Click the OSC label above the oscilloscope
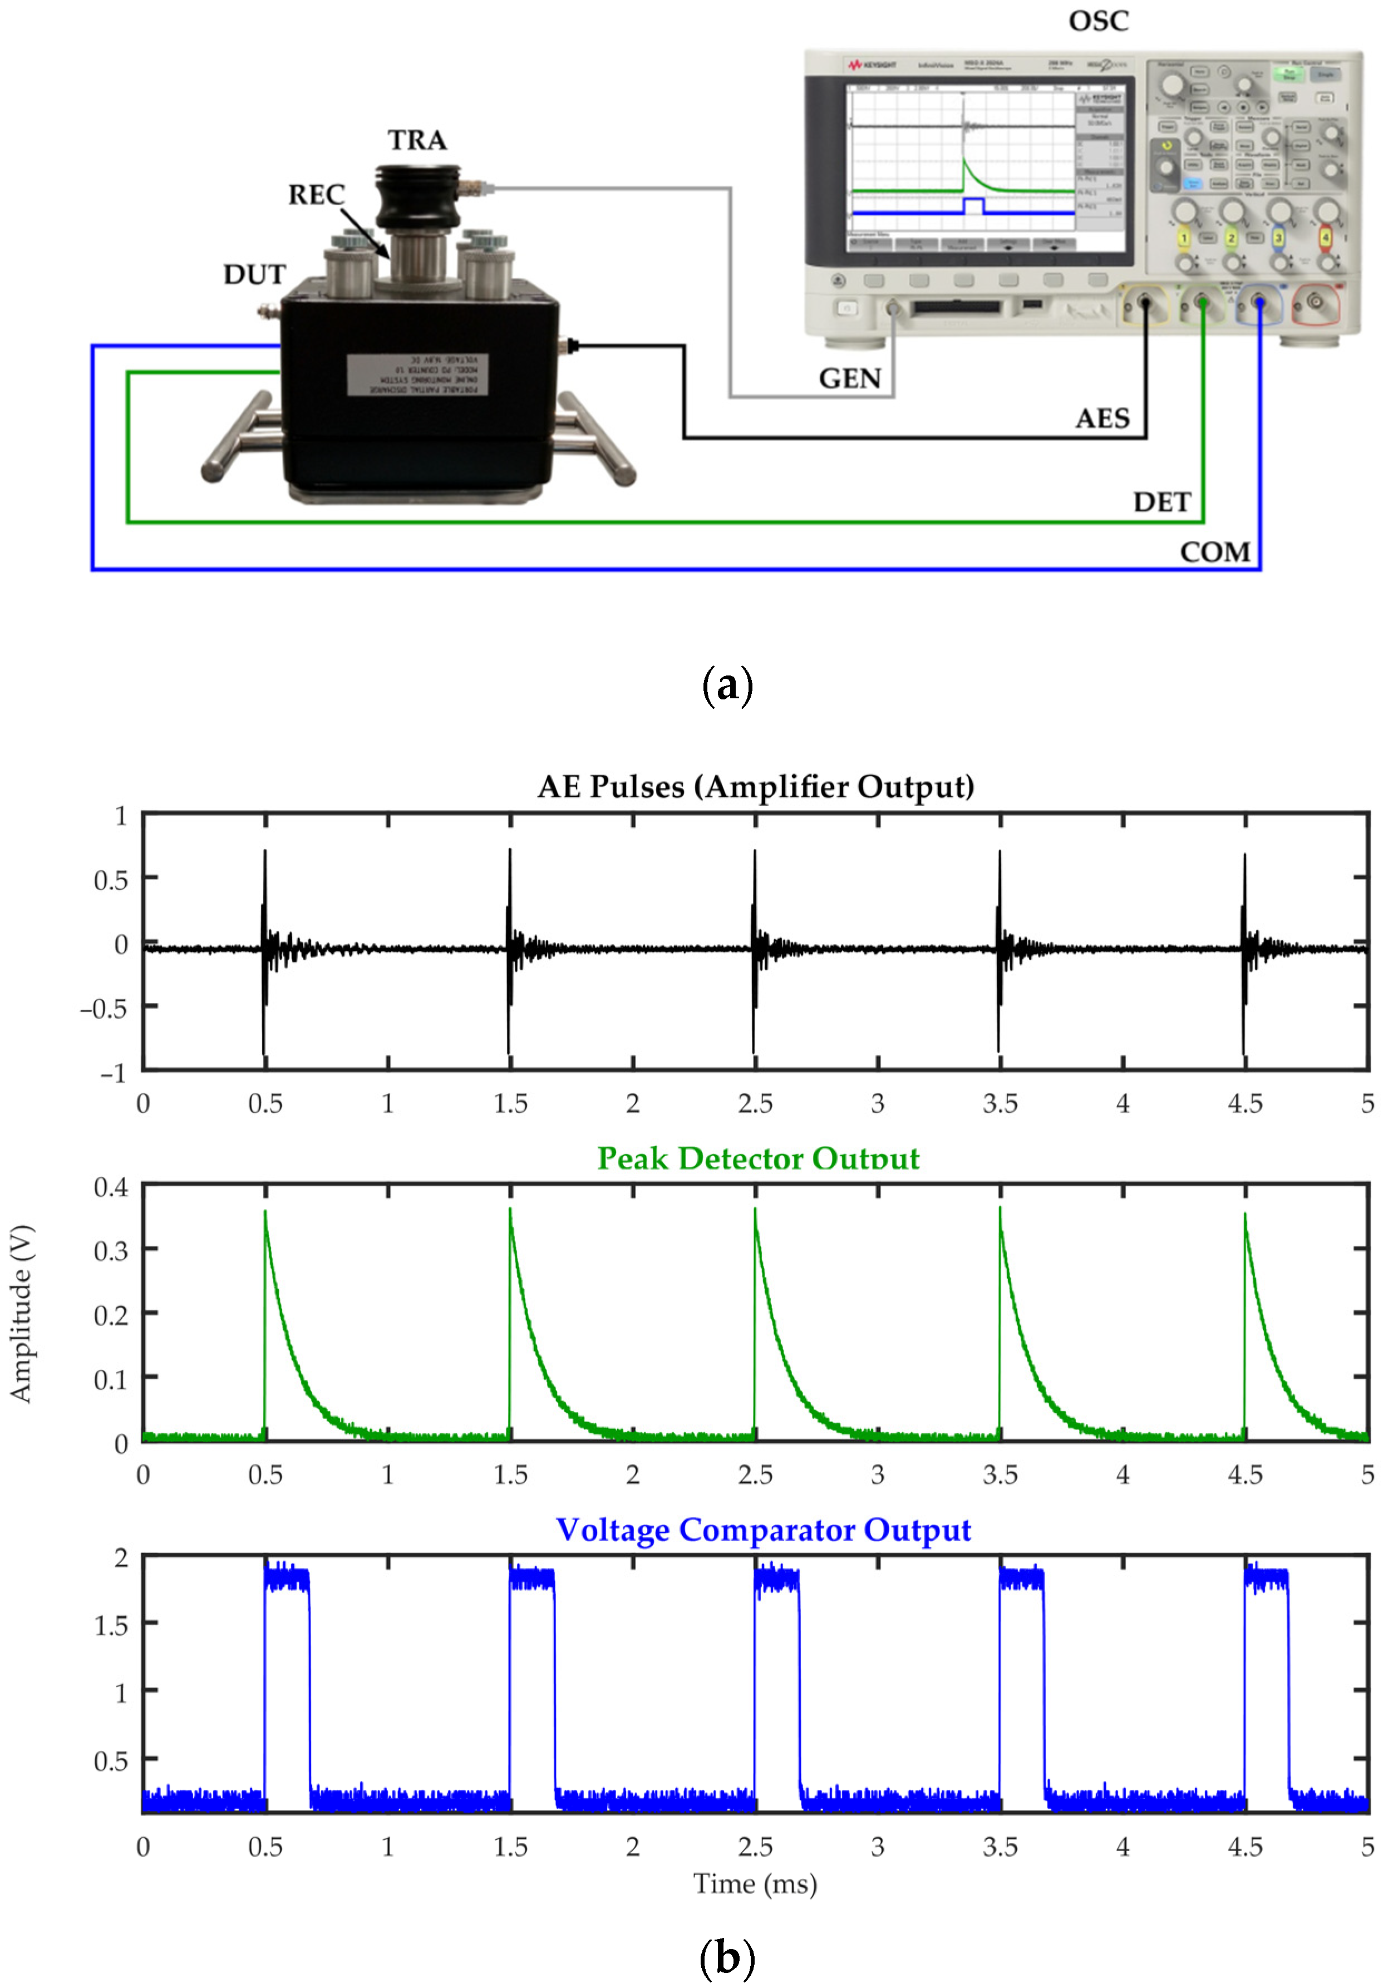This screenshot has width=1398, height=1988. point(1098,21)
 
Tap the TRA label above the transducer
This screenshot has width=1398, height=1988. point(417,140)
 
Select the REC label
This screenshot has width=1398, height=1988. point(316,195)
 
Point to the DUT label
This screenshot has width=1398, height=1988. point(254,274)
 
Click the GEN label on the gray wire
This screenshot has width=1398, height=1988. point(850,378)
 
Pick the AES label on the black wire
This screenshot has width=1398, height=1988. point(1102,419)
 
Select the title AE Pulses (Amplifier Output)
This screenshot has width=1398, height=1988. point(755,786)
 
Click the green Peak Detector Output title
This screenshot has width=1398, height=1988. point(758,1158)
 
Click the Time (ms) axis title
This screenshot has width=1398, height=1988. point(755,1883)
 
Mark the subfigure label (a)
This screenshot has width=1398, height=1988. point(727,685)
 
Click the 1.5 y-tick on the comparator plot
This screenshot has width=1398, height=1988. point(111,1625)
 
